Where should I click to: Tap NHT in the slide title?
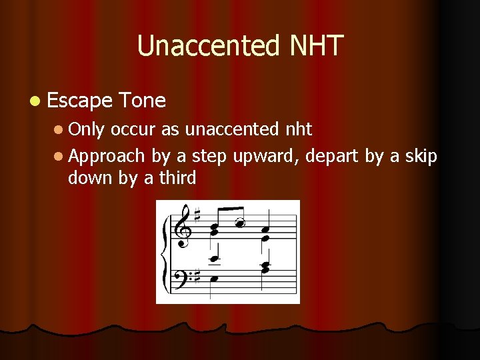(x=316, y=46)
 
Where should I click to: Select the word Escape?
(x=80, y=101)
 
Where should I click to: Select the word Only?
(x=87, y=129)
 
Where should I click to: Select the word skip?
(x=419, y=156)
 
